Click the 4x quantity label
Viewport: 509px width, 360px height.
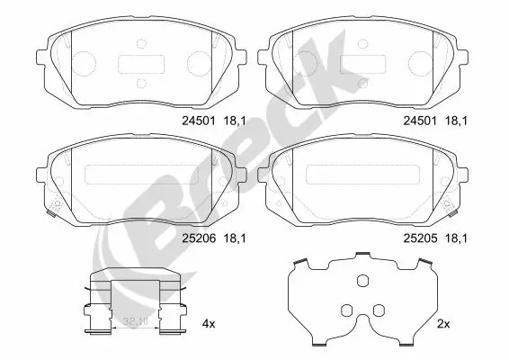point(209,321)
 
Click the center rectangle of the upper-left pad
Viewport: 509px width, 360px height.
point(138,64)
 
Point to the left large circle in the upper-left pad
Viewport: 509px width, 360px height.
point(84,63)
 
